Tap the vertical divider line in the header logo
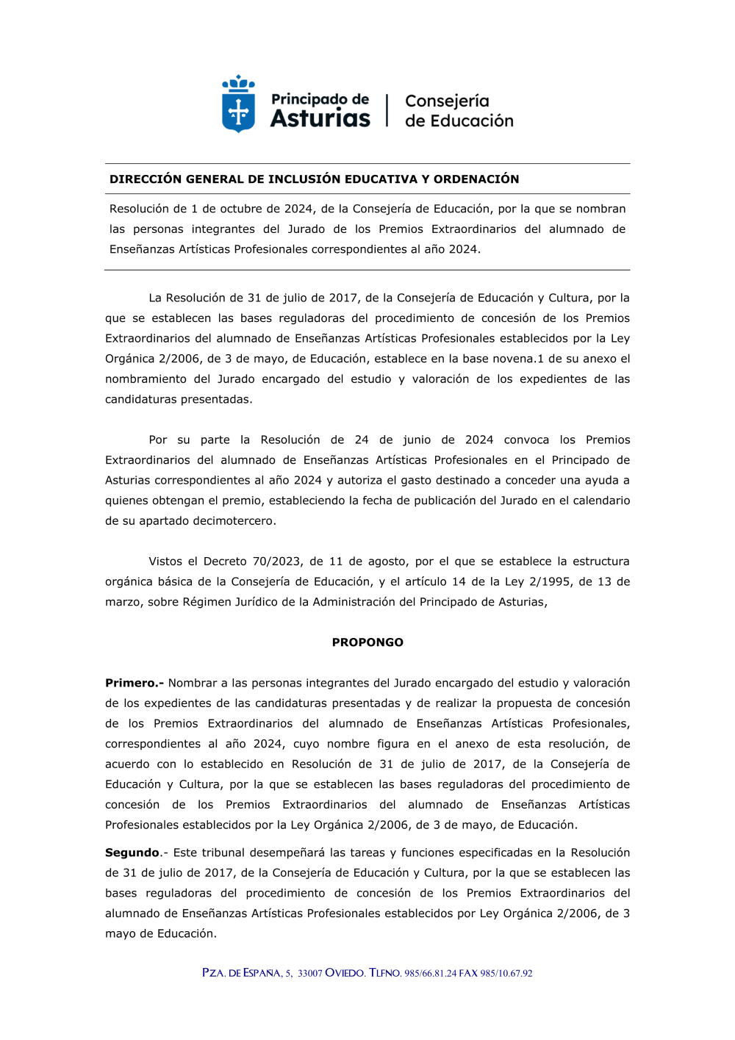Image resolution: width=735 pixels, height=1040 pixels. click(387, 110)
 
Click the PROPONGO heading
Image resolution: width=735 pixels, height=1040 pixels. click(367, 642)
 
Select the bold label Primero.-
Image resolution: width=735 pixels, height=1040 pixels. click(134, 684)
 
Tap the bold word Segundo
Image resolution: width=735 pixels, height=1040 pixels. click(132, 853)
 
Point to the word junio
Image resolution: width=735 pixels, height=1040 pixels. click(417, 440)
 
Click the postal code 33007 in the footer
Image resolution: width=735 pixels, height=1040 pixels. click(309, 973)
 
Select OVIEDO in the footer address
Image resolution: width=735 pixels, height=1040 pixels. click(345, 973)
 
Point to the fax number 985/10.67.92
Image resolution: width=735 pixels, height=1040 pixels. click(506, 973)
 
